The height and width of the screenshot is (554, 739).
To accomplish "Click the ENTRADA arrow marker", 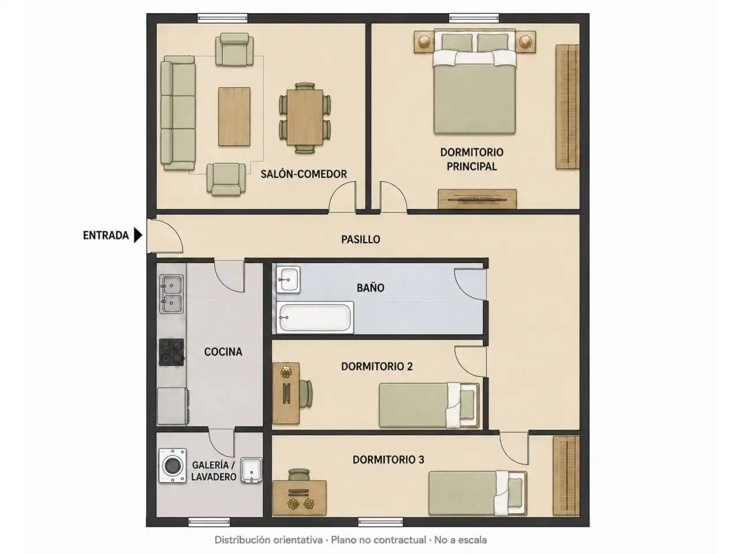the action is (x=138, y=235).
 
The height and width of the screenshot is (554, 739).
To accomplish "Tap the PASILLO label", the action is (x=361, y=239).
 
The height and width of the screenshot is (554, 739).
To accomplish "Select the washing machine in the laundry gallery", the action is (x=173, y=466).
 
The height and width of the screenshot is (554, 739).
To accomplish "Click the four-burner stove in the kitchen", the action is (x=171, y=352).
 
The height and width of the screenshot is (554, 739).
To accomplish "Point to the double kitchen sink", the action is (x=171, y=294).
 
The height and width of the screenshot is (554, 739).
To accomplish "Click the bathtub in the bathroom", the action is (x=315, y=317).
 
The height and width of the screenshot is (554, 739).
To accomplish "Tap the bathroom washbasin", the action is (x=288, y=279).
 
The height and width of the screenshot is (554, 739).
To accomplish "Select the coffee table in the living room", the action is (x=234, y=117).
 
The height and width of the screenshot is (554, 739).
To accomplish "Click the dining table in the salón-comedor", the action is (x=305, y=117).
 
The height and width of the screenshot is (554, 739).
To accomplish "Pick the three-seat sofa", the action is (x=178, y=113).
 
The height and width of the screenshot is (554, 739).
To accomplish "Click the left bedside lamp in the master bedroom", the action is (x=424, y=42).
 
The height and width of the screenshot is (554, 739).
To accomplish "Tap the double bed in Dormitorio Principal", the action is (x=475, y=82).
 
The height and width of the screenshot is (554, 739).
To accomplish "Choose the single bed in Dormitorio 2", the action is (x=429, y=405).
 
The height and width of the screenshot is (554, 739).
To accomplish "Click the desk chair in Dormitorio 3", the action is (x=299, y=474).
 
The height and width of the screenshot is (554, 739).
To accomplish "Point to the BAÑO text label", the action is (x=370, y=287).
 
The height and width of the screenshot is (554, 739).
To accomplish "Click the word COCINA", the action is (x=223, y=352).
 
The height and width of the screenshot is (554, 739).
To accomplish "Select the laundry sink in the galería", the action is (x=252, y=470).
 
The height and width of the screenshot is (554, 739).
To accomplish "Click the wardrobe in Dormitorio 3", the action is (x=566, y=476).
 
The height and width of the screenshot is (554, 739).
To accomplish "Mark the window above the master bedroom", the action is (x=473, y=18).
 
